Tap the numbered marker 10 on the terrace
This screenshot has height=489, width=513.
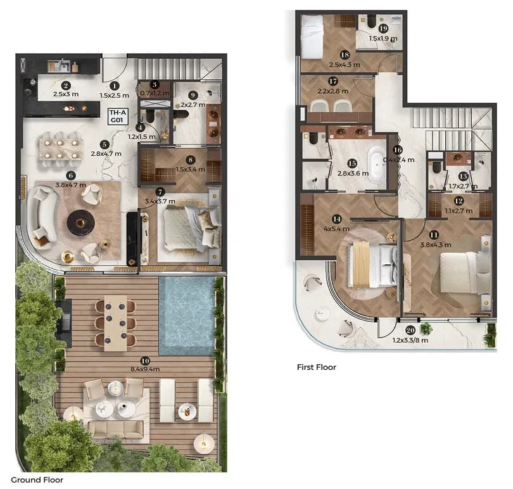coord(145,361)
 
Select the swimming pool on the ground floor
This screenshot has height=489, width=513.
coord(187,316)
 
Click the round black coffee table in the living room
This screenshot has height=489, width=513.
coord(81,222)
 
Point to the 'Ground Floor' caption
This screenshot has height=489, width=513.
coord(37,480)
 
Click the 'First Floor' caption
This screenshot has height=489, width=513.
coord(317,367)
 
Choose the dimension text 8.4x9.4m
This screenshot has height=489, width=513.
coord(145,369)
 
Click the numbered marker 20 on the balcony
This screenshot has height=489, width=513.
coord(410,331)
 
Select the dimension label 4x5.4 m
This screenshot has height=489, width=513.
coord(337,229)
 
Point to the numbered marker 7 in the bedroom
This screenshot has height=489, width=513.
coord(160,192)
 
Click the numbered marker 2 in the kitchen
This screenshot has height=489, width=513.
coord(66,86)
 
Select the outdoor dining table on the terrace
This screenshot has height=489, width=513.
coord(115,324)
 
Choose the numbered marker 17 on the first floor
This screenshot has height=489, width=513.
coord(332,81)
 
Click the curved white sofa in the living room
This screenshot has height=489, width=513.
coord(44,218)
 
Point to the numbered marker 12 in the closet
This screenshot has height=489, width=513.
coord(459,201)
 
